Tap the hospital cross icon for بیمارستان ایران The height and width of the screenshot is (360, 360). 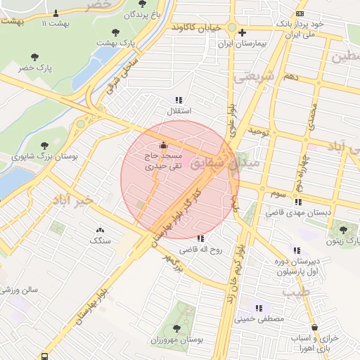[x=242, y=32]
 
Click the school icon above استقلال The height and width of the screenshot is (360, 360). [x=179, y=100]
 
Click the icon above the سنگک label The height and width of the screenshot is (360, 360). [x=99, y=229]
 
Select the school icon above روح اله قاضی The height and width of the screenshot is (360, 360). [x=201, y=238]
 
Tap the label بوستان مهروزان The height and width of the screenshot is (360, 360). [x=176, y=340]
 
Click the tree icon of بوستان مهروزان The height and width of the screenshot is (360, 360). [x=176, y=328]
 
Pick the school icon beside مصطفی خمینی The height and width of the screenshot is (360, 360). [x=259, y=307]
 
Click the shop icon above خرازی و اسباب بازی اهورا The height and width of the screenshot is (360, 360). [x=314, y=327]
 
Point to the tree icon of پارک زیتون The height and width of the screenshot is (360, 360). [x=343, y=230]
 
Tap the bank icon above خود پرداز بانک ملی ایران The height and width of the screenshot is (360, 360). [x=300, y=13]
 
